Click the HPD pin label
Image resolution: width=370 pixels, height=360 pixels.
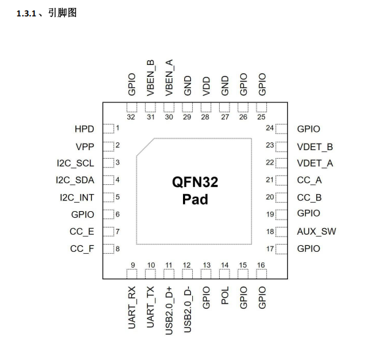click(x=85, y=129)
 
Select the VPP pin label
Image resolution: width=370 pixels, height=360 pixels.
click(x=86, y=146)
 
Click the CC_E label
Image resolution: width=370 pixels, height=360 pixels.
click(x=83, y=231)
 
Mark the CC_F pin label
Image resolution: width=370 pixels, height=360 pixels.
click(x=83, y=249)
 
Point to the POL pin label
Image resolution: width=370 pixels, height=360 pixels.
click(x=224, y=296)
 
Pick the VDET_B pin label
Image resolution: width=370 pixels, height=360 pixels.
click(x=315, y=146)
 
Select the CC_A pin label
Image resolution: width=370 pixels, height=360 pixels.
click(x=310, y=180)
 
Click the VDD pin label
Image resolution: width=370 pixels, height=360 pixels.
click(x=206, y=87)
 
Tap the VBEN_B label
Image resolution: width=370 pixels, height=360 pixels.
click(x=150, y=78)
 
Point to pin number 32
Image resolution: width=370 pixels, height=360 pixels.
click(x=131, y=117)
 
